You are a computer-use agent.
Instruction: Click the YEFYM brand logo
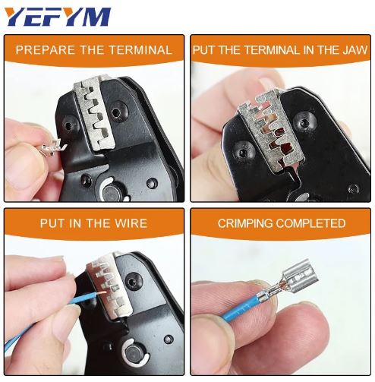(56, 16)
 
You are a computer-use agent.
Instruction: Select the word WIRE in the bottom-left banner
(130, 223)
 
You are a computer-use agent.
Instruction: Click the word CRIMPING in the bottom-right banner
(245, 223)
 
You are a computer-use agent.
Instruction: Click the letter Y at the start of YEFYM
(15, 16)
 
